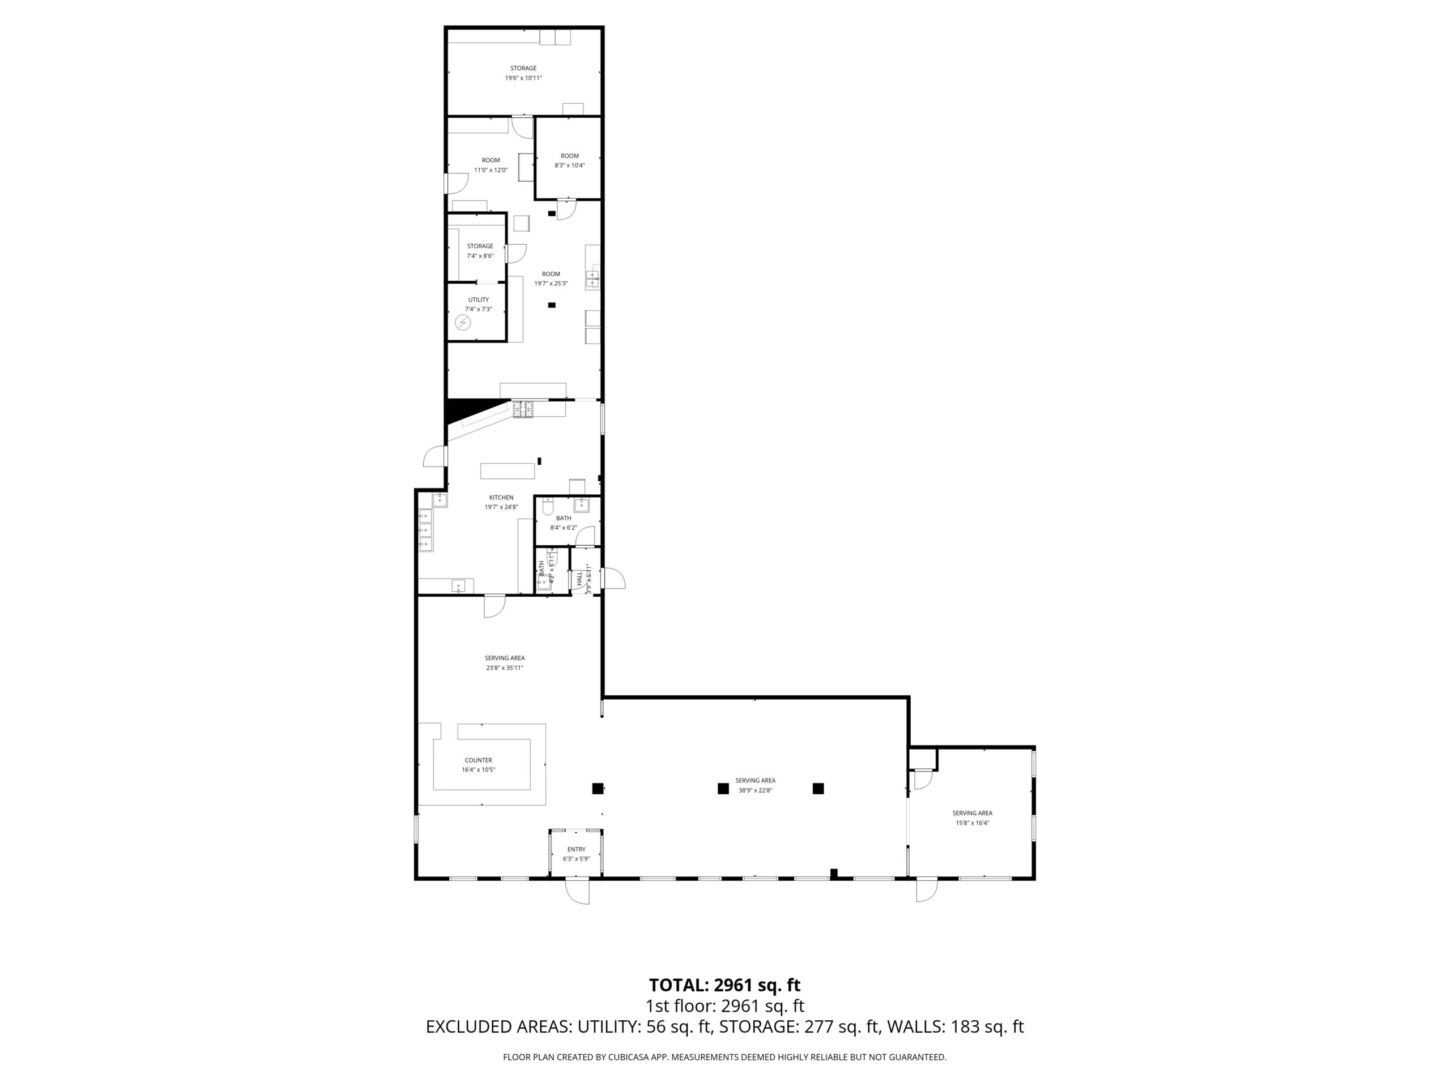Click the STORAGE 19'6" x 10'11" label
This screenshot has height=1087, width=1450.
(x=523, y=72)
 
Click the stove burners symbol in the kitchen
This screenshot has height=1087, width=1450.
(x=523, y=409)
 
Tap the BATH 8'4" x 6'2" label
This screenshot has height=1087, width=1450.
(x=563, y=522)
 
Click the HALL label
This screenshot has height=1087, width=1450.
(x=579, y=578)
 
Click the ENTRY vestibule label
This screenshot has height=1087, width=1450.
(x=575, y=854)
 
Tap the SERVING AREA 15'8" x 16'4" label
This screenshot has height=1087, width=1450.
(x=971, y=818)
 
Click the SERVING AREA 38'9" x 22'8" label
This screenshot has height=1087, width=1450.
(x=755, y=785)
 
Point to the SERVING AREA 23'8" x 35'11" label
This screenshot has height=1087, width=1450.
(x=504, y=662)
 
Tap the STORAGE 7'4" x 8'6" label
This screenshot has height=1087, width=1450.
(x=480, y=251)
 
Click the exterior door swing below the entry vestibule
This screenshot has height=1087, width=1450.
(x=578, y=892)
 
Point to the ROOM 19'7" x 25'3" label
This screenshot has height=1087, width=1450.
(x=551, y=279)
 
